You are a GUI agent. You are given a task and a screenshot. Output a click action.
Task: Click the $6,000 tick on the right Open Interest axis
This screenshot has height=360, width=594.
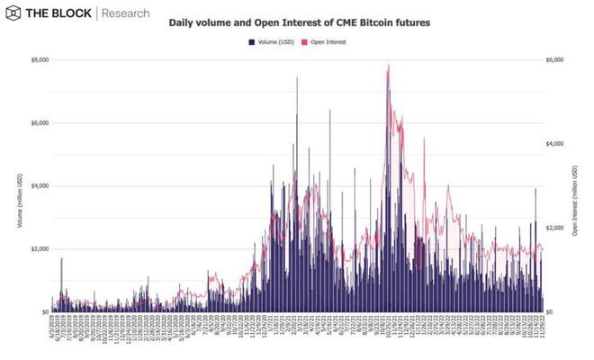(x=555, y=59)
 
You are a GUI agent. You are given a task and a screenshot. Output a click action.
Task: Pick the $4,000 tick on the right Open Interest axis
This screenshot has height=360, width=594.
(x=555, y=143)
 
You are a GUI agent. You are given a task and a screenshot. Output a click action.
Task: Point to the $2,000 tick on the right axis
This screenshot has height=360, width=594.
(x=555, y=228)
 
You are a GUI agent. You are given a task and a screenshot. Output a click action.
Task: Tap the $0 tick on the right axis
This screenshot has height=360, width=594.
(x=550, y=311)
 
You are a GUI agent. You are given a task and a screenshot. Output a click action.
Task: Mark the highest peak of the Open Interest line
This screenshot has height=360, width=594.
(x=388, y=65)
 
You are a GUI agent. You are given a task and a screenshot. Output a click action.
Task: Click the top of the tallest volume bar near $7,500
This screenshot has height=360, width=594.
(x=297, y=77)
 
